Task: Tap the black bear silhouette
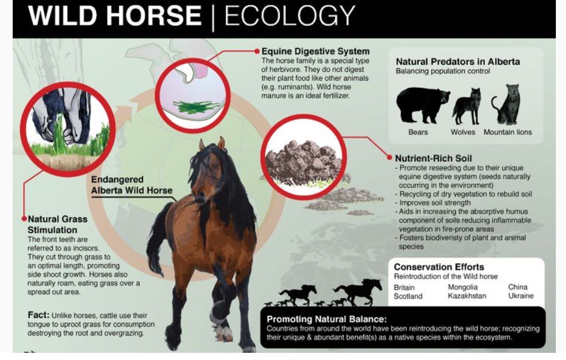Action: (422, 105)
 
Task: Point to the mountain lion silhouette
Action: (506, 104)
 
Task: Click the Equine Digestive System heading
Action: (315, 51)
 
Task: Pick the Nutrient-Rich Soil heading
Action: (433, 158)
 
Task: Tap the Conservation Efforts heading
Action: (439, 267)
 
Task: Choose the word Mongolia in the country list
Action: (463, 287)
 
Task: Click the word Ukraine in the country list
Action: (521, 296)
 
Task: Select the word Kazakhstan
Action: (467, 296)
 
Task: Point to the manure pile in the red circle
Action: (303, 163)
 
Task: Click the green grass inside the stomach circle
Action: (195, 107)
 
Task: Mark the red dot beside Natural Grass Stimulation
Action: (24, 219)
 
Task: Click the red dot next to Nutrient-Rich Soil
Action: (390, 158)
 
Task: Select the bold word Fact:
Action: (38, 315)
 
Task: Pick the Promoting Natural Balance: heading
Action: (327, 319)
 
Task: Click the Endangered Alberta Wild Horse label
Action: (132, 185)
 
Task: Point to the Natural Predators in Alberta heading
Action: (458, 62)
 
